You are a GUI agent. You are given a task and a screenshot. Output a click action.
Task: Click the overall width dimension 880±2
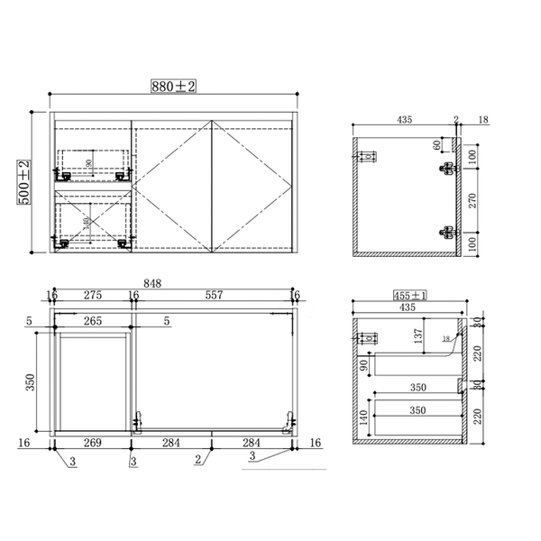(174, 87)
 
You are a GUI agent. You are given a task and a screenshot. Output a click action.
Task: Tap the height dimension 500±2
(24, 183)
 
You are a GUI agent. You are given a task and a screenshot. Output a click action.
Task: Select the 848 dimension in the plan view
(152, 282)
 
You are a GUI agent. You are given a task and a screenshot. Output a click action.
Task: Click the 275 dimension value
(92, 295)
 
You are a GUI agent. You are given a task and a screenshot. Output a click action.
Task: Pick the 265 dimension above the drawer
(92, 319)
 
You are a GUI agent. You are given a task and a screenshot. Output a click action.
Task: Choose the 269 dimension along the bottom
(92, 442)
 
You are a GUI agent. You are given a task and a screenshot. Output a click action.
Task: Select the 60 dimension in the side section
(437, 144)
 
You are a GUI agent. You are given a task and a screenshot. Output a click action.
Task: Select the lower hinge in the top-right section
(446, 232)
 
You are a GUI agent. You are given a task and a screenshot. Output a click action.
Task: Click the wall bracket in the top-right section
(367, 157)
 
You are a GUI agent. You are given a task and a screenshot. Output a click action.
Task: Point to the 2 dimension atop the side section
(457, 119)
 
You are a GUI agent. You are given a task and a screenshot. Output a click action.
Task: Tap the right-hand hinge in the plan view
(289, 419)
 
